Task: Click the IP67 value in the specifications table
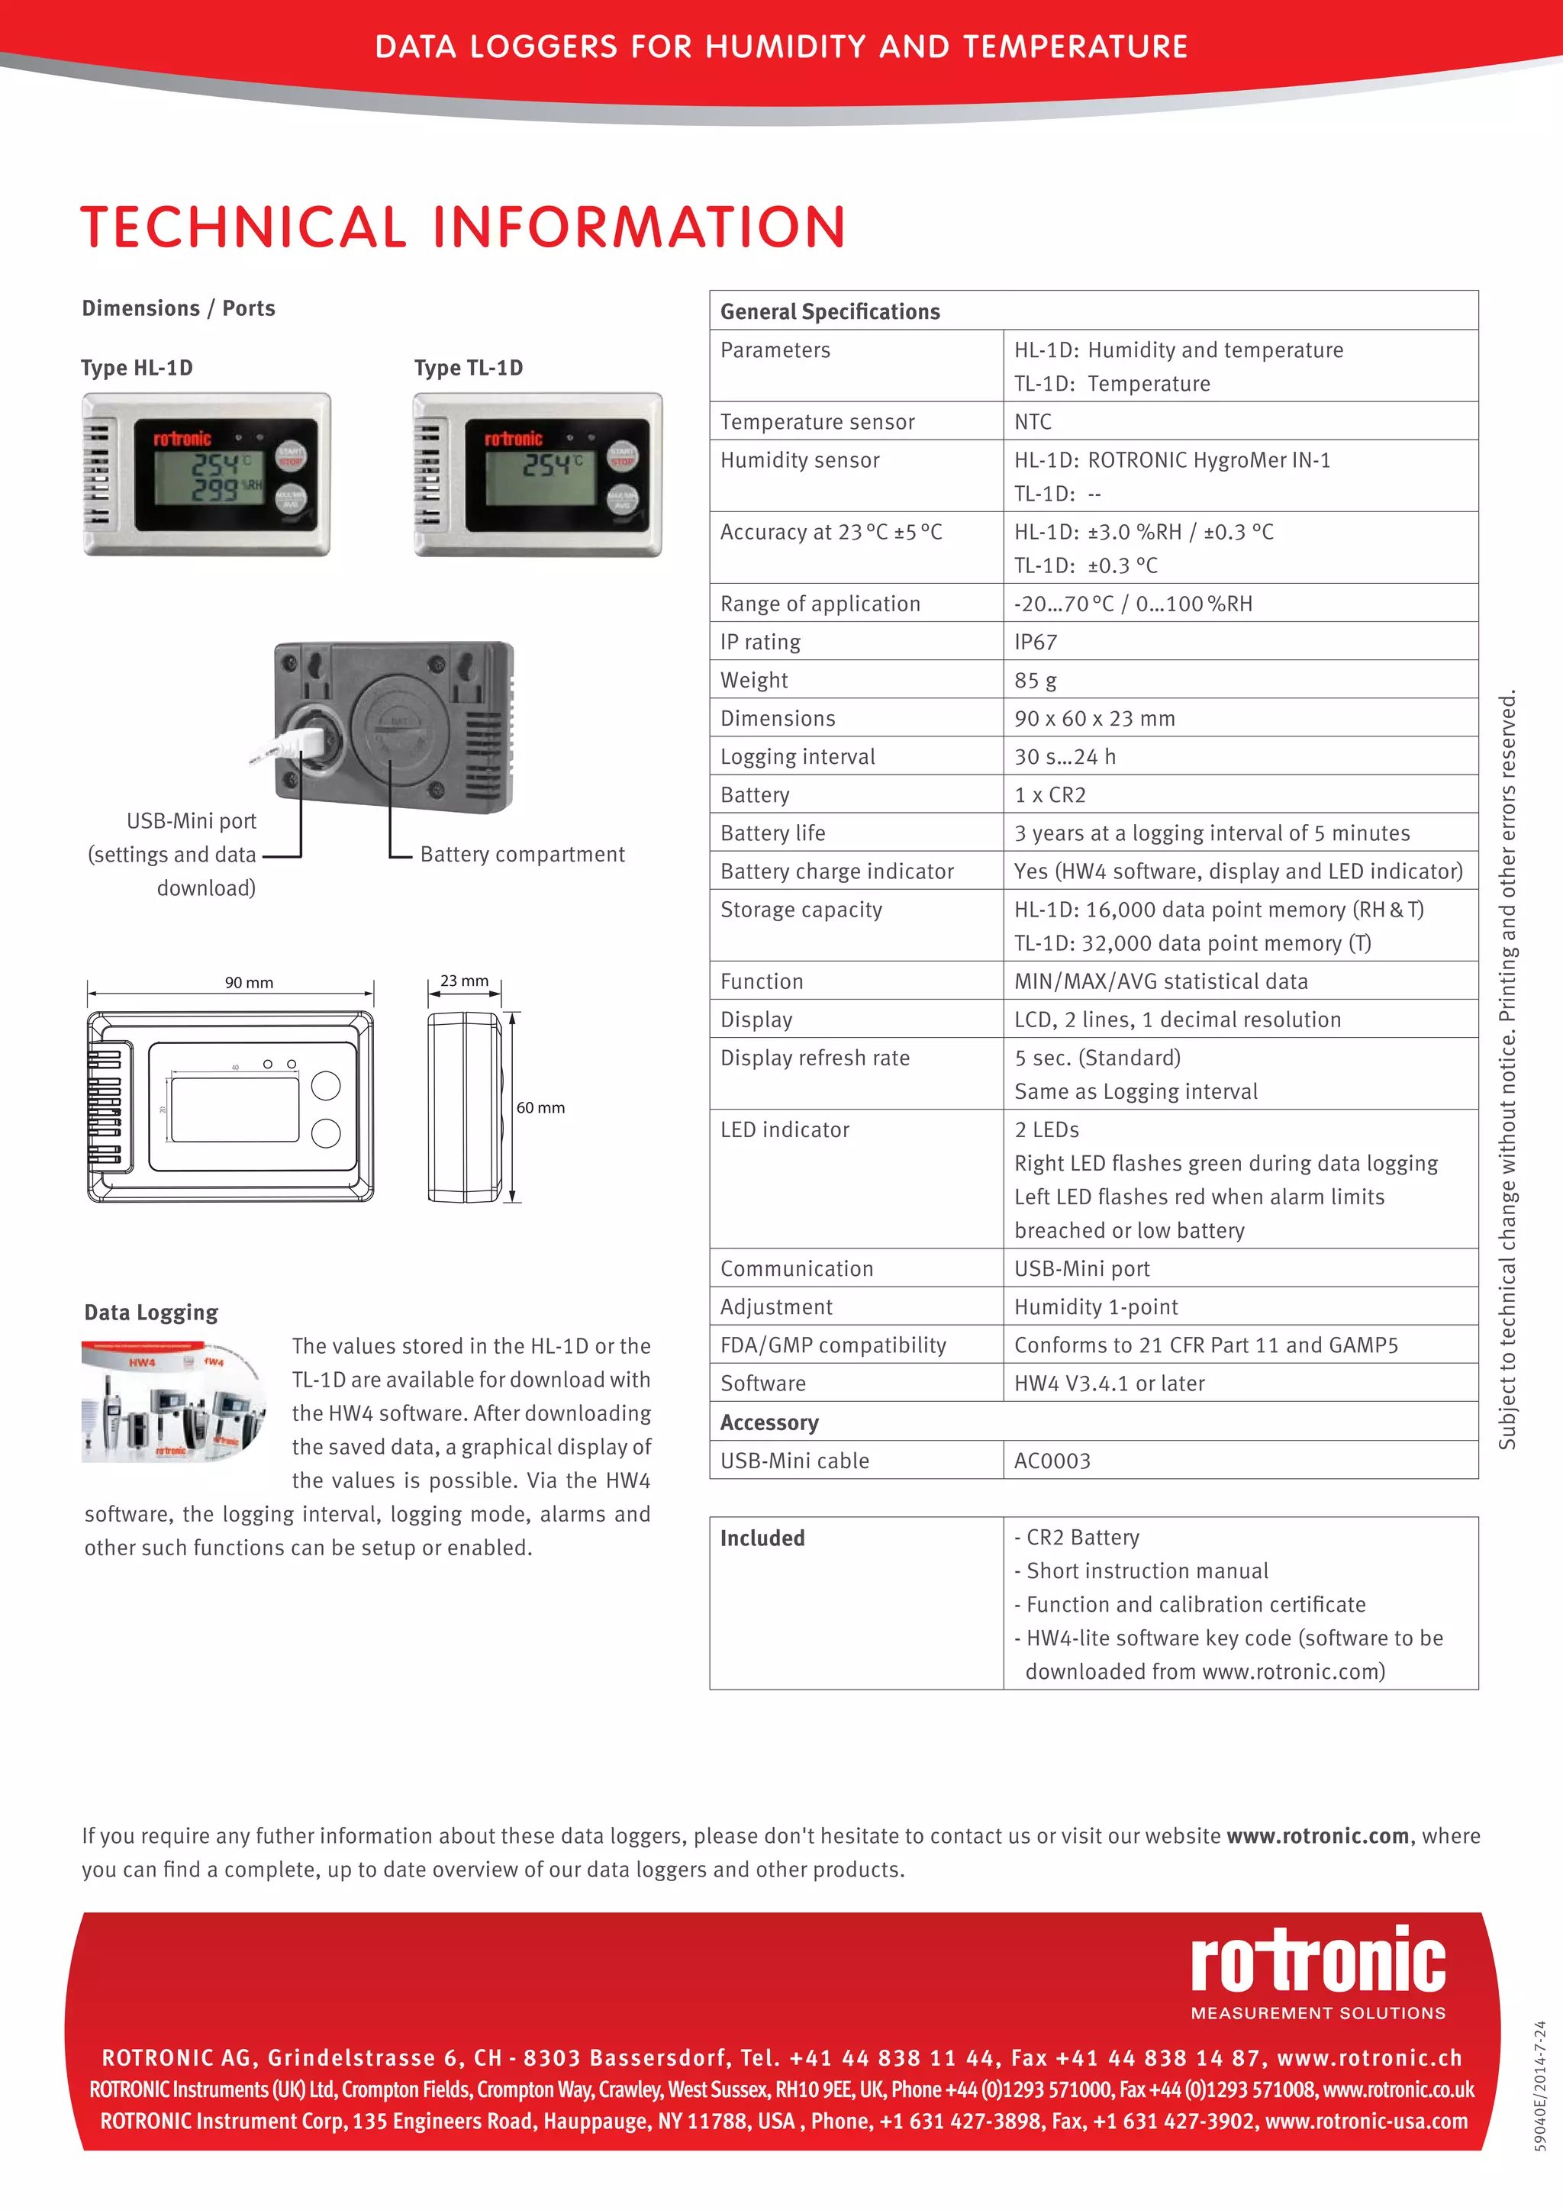tap(1036, 642)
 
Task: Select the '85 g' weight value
tap(1035, 681)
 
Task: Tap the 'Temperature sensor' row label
tap(817, 421)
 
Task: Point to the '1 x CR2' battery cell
tap(1049, 795)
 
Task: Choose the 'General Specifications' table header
tap(830, 311)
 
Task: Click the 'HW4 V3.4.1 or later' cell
tap(1109, 1384)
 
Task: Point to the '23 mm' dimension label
tap(464, 981)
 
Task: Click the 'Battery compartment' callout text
tap(522, 855)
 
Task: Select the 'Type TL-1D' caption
tap(469, 368)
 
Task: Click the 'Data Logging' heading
tap(151, 1313)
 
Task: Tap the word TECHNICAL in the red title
tap(243, 227)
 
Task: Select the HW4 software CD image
tap(173, 1400)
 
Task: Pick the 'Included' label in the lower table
tap(762, 1538)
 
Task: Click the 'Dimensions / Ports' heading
tap(178, 308)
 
